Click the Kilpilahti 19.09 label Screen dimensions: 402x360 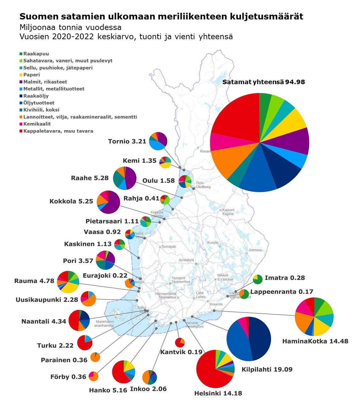[x=267, y=369]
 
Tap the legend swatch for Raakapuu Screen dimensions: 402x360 [x=21, y=54]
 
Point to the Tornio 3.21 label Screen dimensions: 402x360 [x=127, y=141]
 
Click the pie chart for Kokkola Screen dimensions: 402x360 [x=109, y=202]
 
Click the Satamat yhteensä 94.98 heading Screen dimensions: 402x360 [x=264, y=82]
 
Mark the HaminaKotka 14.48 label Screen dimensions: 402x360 [x=315, y=341]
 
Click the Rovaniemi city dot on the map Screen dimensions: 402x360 [x=198, y=148]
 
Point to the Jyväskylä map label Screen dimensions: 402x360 [x=186, y=260]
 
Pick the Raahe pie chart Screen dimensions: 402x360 [x=125, y=178]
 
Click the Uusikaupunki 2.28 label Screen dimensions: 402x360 [x=47, y=300]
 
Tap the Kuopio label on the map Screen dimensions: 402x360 [x=213, y=243]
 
